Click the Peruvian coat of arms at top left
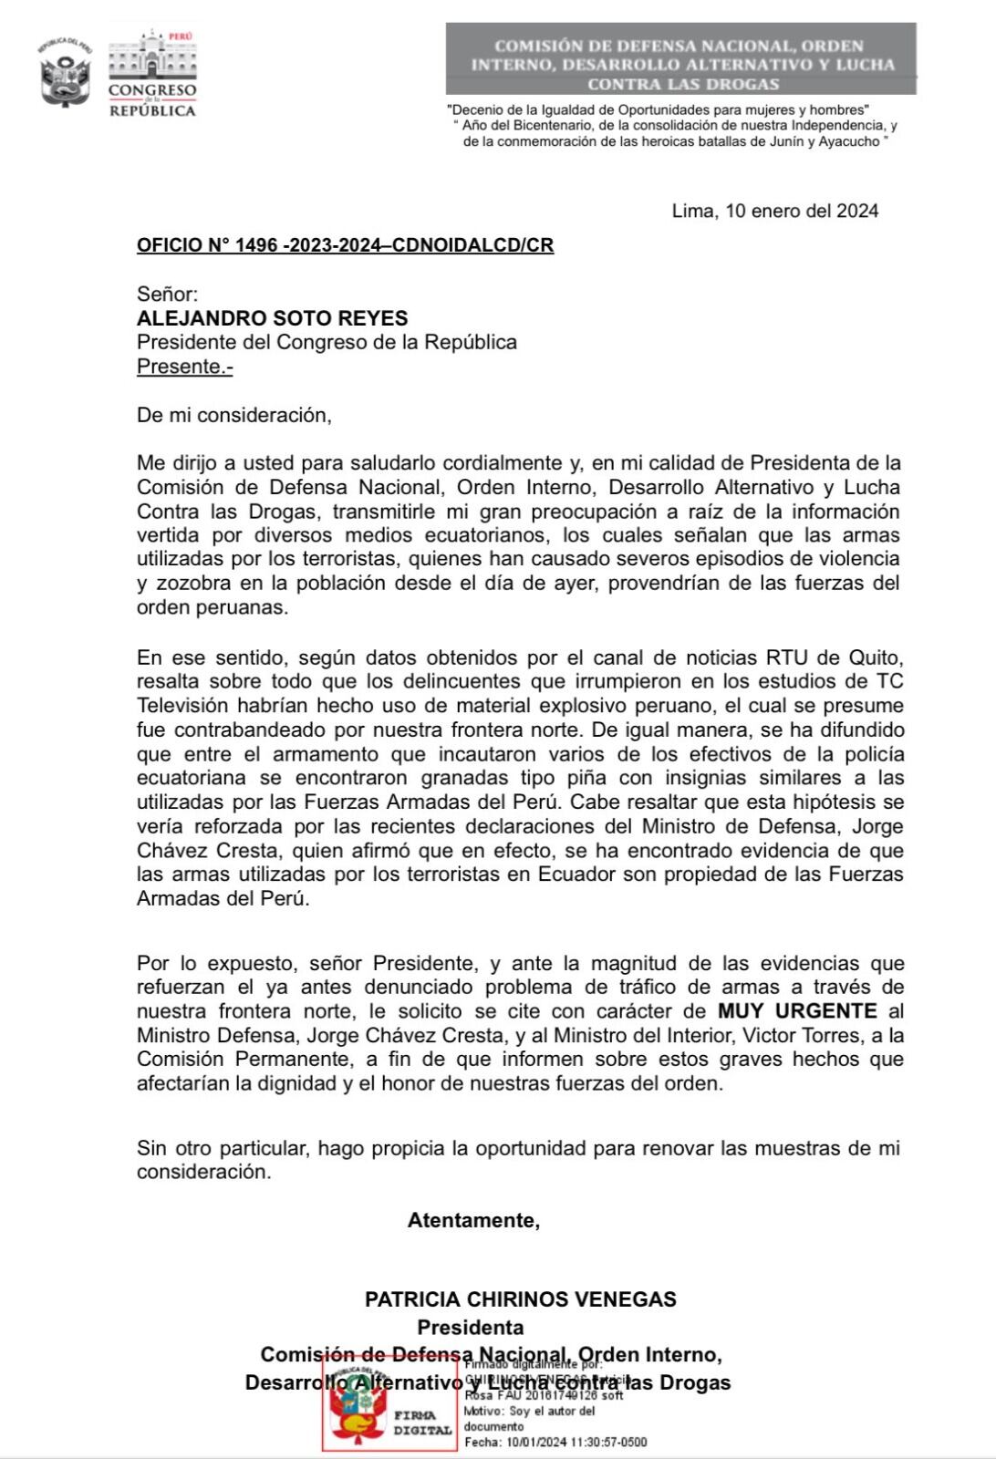coord(65,73)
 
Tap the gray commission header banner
coord(680,60)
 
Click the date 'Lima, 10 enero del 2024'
coord(774,211)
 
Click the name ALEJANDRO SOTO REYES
coord(272,318)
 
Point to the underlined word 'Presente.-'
coord(184,367)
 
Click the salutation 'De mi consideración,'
coord(234,415)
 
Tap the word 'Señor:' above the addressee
coord(167,294)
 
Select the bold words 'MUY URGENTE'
coord(796,1010)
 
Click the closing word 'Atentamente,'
coord(473,1220)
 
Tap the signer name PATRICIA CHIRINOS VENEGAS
coord(520,1299)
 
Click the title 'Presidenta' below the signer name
coord(471,1327)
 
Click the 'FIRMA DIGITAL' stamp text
coord(422,1423)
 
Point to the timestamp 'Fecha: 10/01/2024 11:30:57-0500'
coord(555,1442)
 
